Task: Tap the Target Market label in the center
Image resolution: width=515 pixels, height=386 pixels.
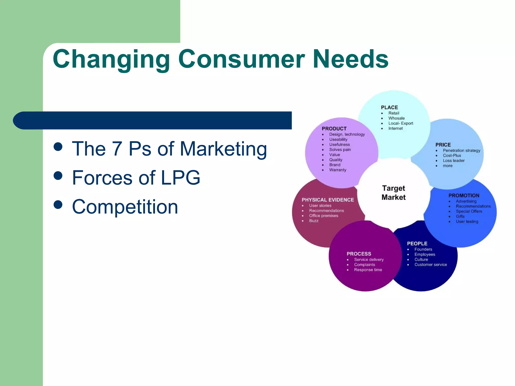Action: tap(394, 193)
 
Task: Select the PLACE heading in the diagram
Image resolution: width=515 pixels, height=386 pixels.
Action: tap(389, 107)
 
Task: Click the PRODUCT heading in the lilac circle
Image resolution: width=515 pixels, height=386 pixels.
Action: tap(334, 128)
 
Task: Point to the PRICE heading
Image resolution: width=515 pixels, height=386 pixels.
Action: tap(443, 145)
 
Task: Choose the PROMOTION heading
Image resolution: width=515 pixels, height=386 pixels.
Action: tap(464, 195)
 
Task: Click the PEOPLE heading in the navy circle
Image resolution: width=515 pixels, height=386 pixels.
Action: tap(417, 244)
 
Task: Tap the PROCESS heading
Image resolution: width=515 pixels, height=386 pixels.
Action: tap(359, 254)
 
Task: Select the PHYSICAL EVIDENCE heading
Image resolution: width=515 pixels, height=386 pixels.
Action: tap(328, 200)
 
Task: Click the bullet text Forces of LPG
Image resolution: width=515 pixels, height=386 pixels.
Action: tap(136, 178)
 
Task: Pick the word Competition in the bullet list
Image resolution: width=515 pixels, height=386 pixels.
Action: tap(125, 207)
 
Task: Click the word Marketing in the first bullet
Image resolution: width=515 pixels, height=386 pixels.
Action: tap(223, 149)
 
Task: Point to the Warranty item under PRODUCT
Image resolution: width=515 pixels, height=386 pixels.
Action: tap(338, 170)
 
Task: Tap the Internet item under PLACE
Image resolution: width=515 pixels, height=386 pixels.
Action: tap(395, 128)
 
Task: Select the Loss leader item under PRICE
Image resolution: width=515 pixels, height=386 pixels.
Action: tap(454, 161)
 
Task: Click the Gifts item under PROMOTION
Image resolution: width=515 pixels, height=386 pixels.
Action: tap(460, 216)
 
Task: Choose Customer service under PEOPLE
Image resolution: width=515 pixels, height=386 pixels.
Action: tap(431, 265)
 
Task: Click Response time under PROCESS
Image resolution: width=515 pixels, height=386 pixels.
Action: tap(368, 270)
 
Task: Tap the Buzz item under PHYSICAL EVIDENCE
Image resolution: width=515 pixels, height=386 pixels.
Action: tap(314, 221)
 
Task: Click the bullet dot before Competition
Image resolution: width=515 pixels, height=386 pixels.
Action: tap(58, 205)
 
